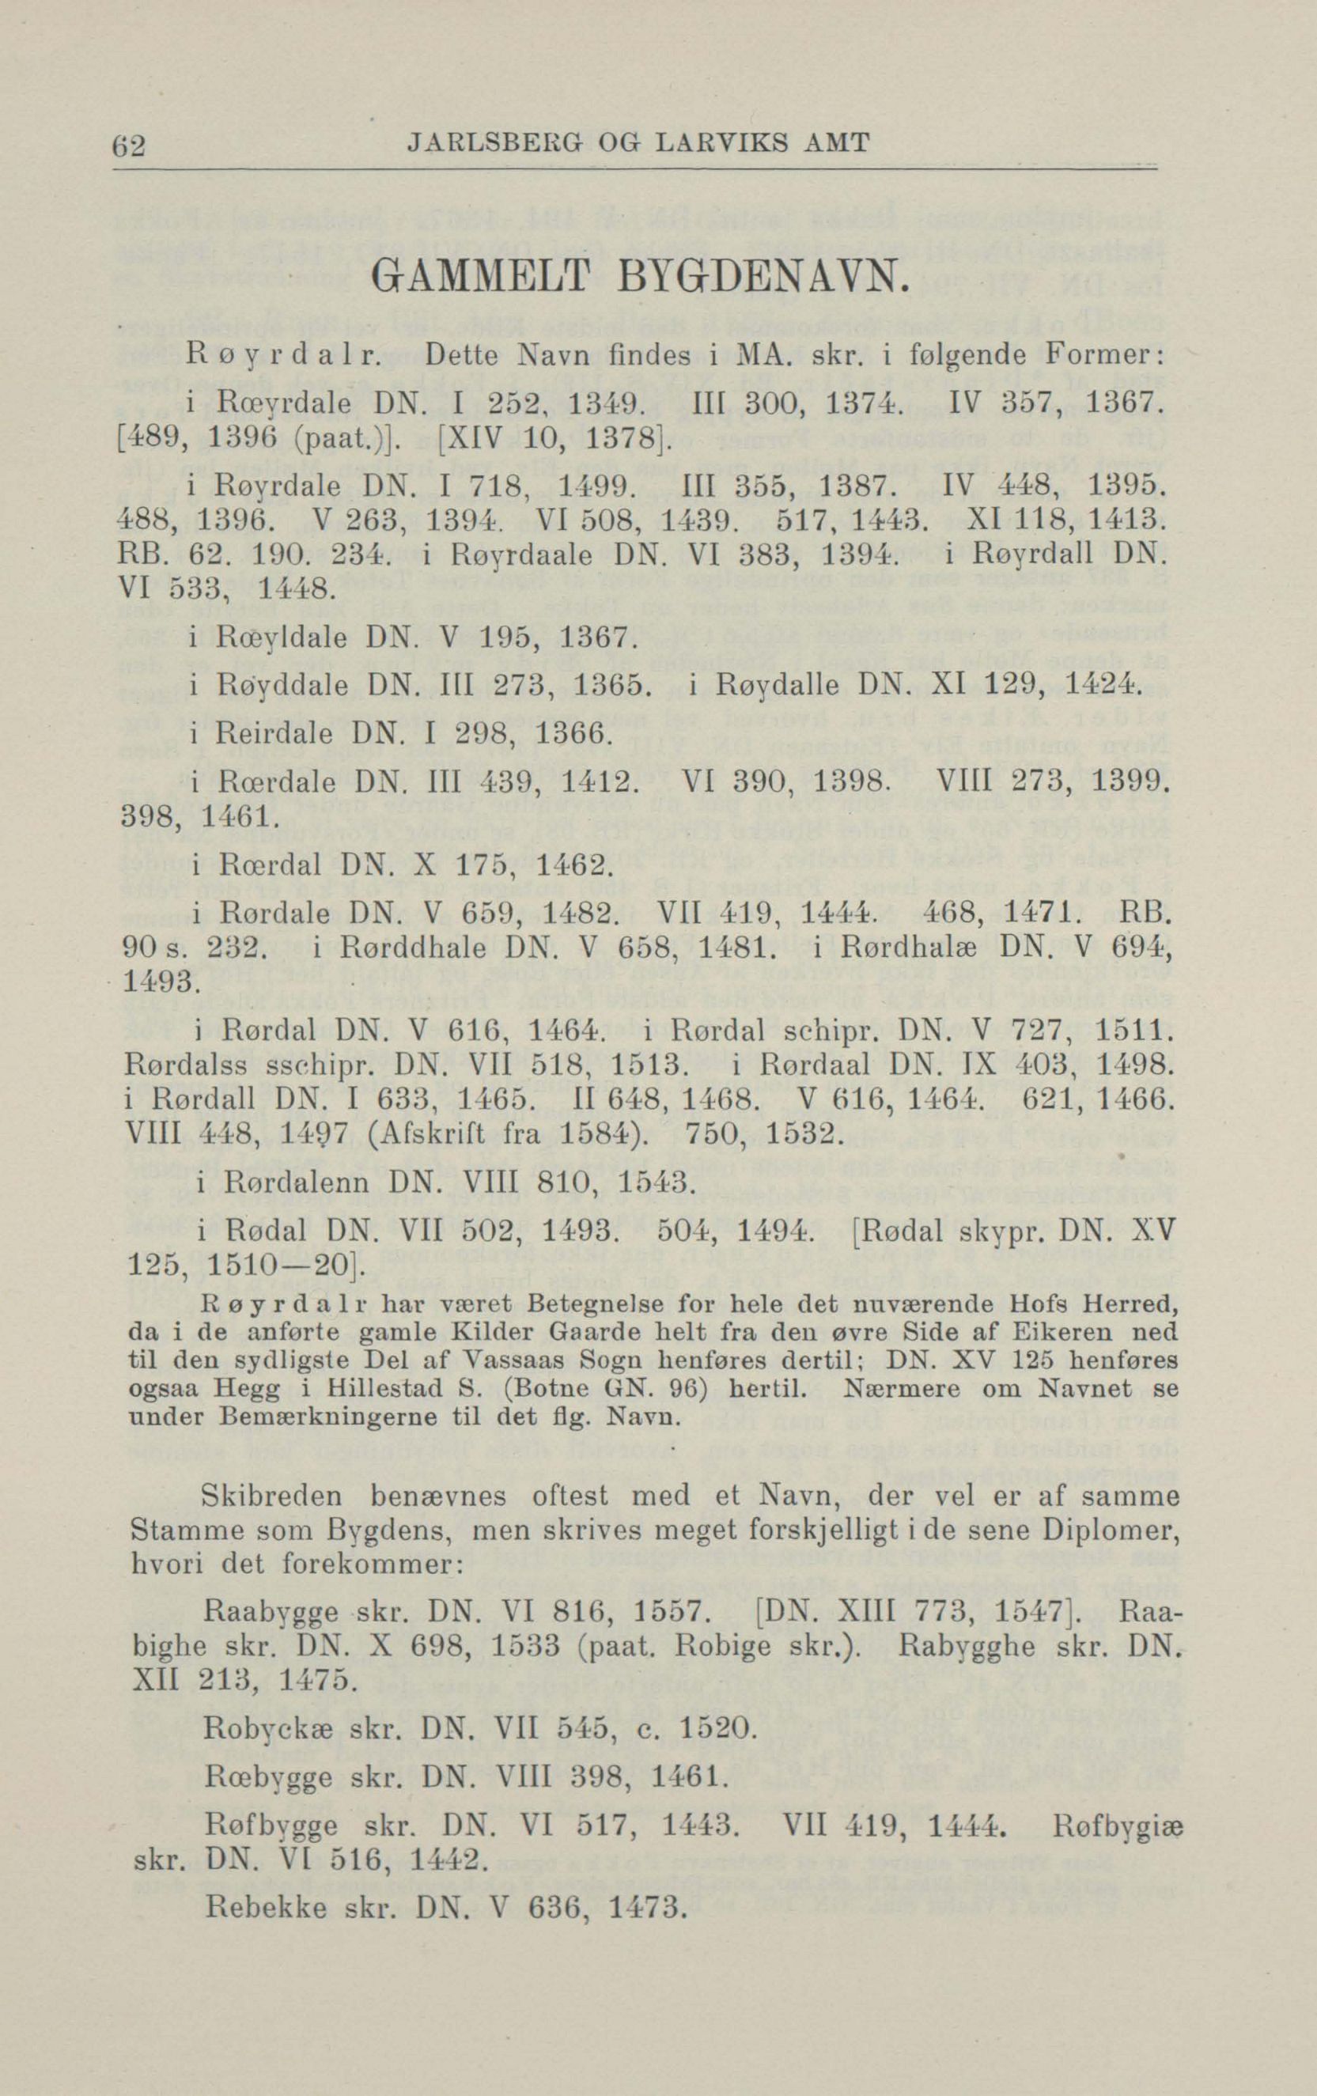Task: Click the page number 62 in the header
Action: pos(129,144)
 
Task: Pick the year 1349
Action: pos(604,404)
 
